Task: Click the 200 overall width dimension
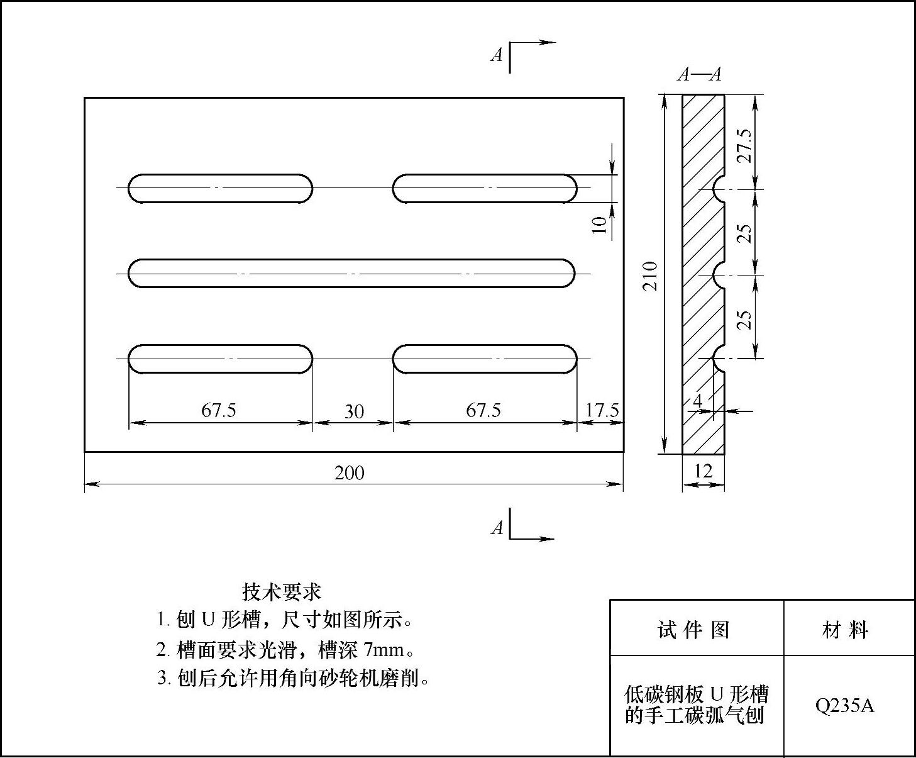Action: [349, 473]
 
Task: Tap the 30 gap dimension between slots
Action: [354, 411]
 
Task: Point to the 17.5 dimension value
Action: [602, 410]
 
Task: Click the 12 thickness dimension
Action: [703, 471]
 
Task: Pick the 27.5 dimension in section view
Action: [745, 145]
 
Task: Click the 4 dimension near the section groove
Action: [697, 400]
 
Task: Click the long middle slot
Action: [351, 274]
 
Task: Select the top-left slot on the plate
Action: [220, 188]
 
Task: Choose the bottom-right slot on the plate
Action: [485, 359]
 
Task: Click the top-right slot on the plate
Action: [485, 188]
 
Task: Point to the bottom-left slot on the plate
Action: [220, 359]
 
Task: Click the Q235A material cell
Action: [844, 706]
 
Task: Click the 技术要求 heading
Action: [282, 591]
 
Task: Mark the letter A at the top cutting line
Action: [497, 55]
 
